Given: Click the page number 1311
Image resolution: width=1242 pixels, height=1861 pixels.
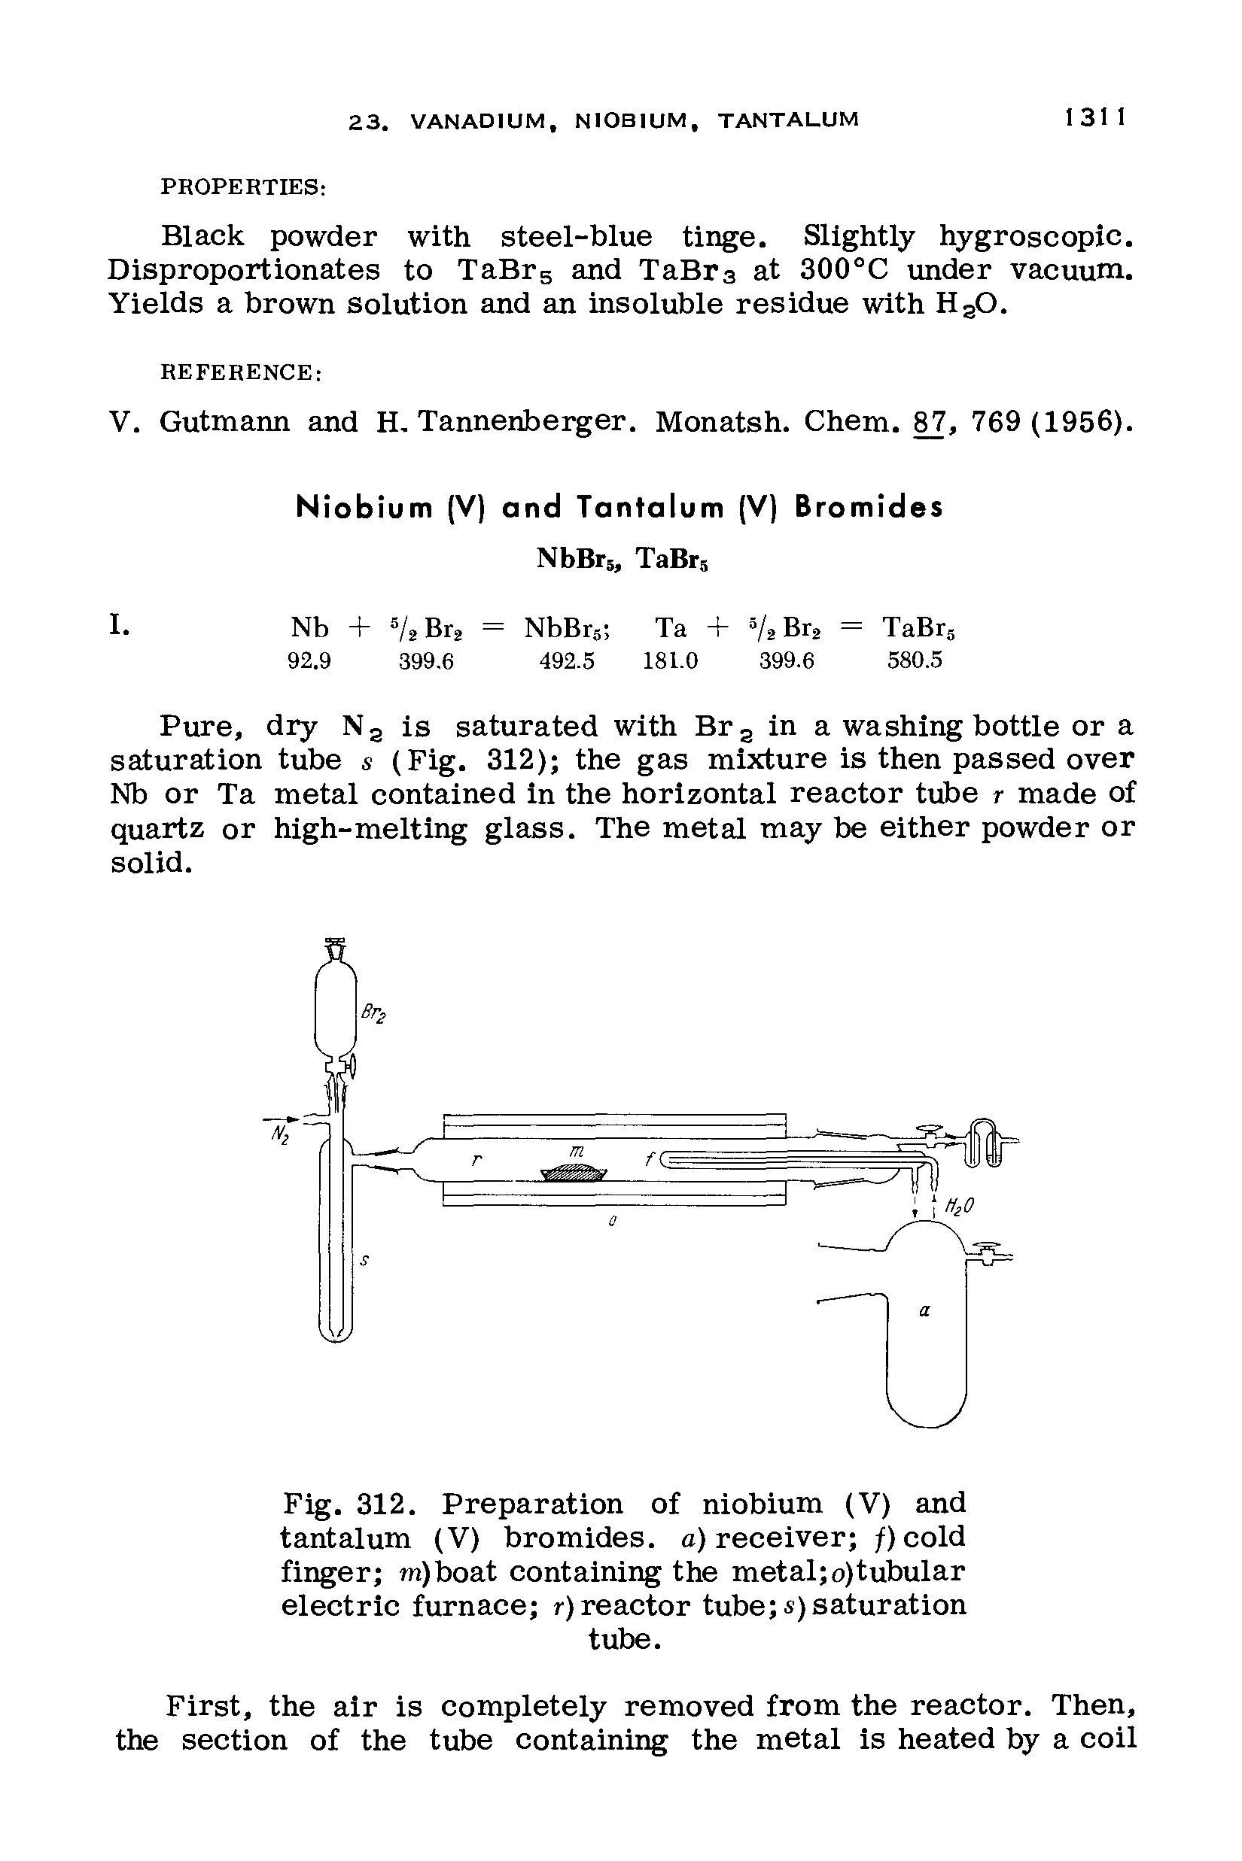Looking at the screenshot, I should (x=1095, y=119).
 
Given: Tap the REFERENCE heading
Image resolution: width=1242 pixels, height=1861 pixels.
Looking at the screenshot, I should (x=241, y=372).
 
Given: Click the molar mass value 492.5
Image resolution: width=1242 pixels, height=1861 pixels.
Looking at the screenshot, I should (x=566, y=661).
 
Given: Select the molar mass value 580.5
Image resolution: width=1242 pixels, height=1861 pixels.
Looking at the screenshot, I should (x=915, y=661).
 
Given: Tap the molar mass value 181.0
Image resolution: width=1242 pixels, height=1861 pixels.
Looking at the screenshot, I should (x=670, y=661).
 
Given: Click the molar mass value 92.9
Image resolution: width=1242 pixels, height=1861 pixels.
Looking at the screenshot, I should (x=309, y=661).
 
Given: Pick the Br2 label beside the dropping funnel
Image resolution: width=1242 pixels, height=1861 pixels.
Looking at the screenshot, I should (x=373, y=1014).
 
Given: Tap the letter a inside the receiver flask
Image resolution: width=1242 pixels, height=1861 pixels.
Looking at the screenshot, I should (x=924, y=1311).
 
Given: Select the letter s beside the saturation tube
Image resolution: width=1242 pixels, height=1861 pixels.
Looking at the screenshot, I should (x=364, y=1261).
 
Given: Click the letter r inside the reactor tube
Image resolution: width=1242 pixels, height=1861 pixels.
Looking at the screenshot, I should (x=476, y=1161).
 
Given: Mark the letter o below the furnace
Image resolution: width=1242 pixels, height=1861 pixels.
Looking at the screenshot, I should (x=612, y=1222).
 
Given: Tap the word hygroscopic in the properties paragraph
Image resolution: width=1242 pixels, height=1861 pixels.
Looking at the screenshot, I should (x=1036, y=236).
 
